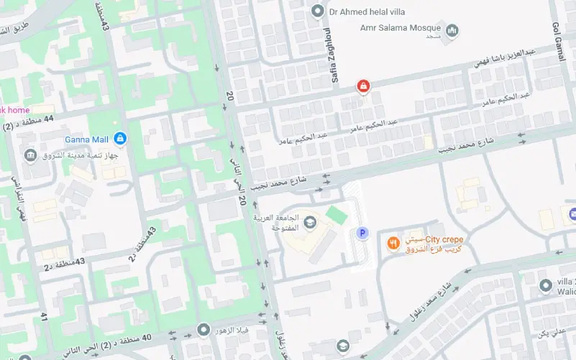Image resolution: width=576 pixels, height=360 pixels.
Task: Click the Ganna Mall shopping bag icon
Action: pos(120,137)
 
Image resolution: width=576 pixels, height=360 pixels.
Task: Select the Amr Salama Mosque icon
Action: pos(452,31)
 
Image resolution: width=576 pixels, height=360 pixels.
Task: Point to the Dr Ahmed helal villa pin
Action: pos(317,11)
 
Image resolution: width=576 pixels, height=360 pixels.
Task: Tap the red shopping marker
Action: pos(363,88)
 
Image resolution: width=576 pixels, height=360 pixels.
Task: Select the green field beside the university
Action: pos(336,214)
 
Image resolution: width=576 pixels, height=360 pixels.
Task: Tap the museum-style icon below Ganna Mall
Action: pos(30,156)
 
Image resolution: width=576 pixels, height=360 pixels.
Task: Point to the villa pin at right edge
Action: pos(546,286)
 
